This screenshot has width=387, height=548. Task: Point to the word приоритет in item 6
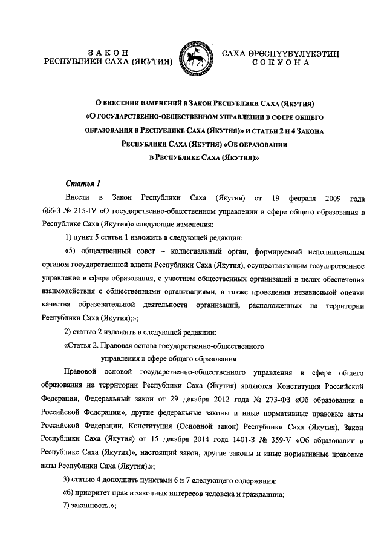(105, 492)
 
